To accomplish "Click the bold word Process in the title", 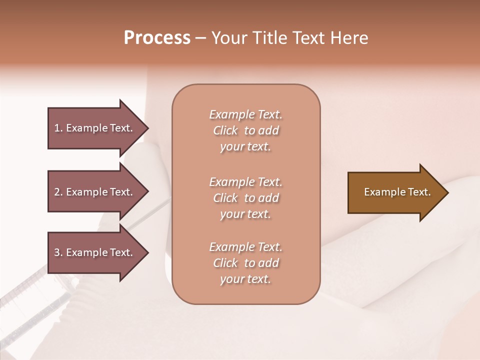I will click(x=157, y=38).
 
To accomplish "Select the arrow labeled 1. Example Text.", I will click(x=95, y=128).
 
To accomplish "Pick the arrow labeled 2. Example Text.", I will click(x=95, y=192).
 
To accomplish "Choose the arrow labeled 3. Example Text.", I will click(x=95, y=252).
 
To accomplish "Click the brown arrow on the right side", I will click(x=395, y=192).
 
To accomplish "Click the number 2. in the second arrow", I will click(x=58, y=192).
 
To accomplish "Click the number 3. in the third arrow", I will click(x=58, y=252).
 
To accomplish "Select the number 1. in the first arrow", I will click(x=58, y=128).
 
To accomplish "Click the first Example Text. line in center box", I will click(x=245, y=114).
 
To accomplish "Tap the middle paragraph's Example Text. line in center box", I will click(x=245, y=182).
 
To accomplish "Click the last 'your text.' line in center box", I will click(x=245, y=279).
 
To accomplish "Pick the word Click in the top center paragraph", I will click(x=225, y=130).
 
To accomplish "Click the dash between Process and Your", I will click(x=201, y=38).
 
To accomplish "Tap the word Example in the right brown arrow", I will click(x=381, y=192).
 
